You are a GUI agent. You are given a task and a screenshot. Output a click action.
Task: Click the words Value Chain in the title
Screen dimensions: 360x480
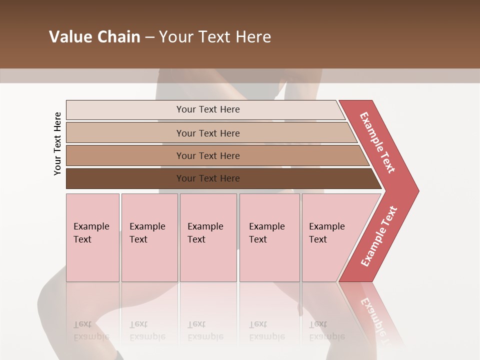tap(94, 37)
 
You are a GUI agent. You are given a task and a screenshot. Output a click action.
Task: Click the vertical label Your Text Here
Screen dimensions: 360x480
tap(57, 143)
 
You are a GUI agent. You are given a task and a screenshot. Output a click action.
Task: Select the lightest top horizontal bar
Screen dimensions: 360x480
tap(125, 110)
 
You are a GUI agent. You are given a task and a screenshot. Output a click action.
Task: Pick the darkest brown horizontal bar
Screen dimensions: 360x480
tap(125, 178)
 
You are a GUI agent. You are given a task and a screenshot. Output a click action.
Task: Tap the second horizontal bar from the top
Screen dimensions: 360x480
tap(125, 133)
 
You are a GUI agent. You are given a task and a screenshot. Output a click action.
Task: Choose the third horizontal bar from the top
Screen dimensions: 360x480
tap(125, 155)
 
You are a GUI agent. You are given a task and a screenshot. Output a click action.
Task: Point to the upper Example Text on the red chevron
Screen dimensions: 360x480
tap(377, 142)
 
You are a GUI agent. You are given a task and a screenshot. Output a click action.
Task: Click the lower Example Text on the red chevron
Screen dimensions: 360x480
tap(379, 236)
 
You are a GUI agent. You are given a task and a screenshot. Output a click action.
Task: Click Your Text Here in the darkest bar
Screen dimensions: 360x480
tap(208, 178)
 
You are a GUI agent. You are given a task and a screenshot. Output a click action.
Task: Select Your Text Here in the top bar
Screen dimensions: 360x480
tap(208, 109)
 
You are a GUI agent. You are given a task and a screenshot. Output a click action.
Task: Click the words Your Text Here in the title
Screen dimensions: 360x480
tap(215, 37)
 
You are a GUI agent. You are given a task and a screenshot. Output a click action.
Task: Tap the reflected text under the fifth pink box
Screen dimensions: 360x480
tap(326, 330)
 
